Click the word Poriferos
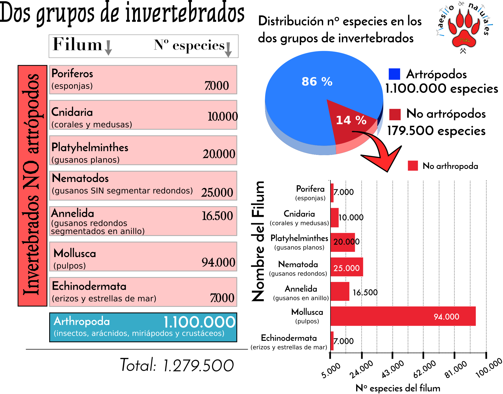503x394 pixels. tap(72, 74)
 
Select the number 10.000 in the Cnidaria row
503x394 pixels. tap(222, 117)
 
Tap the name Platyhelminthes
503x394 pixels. tap(90, 147)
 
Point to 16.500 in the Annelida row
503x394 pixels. tap(217, 216)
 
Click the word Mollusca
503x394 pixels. tap(75, 253)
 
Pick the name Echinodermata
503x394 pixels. tap(89, 286)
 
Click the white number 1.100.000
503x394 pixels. tap(199, 322)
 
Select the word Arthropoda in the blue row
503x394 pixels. tap(81, 321)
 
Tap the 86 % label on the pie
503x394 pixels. tap(317, 82)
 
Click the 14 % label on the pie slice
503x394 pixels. tap(351, 120)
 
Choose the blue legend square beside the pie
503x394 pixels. tap(394, 74)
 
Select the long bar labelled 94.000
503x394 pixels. tap(403, 316)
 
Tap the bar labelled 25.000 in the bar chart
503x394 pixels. tap(347, 267)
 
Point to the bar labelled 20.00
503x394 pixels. tap(343, 242)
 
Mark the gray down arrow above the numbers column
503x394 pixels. tap(228, 50)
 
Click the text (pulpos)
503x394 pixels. tap(70, 266)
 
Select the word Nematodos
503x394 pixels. tap(80, 178)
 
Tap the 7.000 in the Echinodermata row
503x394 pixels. tap(222, 298)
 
